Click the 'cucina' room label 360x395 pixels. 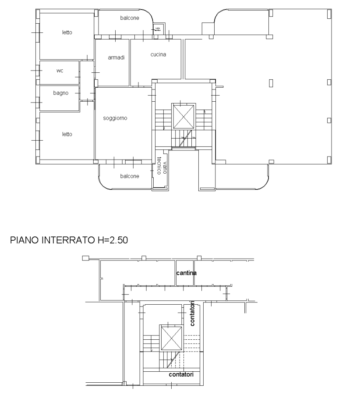[x=158, y=55]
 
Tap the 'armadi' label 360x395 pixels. [x=116, y=58]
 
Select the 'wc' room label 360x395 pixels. [x=60, y=71]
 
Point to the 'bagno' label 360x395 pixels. [x=61, y=93]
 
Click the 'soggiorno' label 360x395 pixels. [x=115, y=118]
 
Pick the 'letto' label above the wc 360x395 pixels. [x=67, y=32]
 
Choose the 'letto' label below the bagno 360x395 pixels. [x=67, y=134]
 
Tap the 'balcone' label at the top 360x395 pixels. [x=130, y=18]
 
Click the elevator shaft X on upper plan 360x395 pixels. [x=183, y=116]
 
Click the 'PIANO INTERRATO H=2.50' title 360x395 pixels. [x=69, y=240]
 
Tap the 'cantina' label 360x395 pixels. [x=187, y=273]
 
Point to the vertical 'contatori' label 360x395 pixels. [x=192, y=313]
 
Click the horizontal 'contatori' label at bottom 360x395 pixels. [x=181, y=375]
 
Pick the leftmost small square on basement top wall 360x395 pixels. [x=85, y=258]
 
